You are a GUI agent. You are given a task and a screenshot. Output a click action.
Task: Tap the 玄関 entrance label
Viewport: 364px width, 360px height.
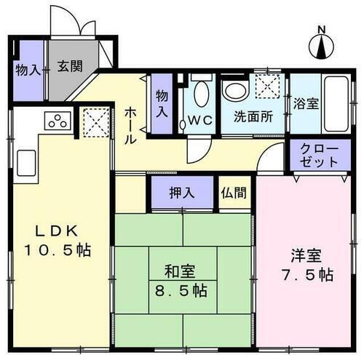pos(70,65)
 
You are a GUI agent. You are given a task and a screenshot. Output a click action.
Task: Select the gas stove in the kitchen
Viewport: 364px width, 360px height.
pos(58,121)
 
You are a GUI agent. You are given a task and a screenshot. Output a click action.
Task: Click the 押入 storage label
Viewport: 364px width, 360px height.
pos(181,193)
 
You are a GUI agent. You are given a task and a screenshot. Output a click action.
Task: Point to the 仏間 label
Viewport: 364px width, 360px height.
pos(234,193)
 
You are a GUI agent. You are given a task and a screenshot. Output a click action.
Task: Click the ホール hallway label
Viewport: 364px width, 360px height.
pos(131,124)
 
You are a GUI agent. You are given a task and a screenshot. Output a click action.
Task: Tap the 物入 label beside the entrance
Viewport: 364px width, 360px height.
pos(28,71)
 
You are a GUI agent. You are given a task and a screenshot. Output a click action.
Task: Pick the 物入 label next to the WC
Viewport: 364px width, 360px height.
pos(162,104)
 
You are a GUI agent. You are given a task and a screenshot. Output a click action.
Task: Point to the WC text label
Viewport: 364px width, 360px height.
pos(199,121)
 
